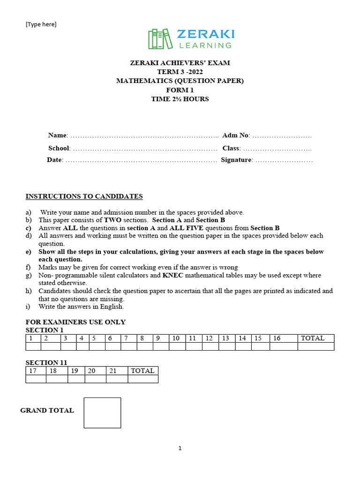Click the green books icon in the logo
point(159,39)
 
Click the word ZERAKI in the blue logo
point(205,34)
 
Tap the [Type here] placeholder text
point(41,24)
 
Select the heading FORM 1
point(180,90)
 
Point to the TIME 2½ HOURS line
point(180,99)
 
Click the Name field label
point(57,135)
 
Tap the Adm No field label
point(235,135)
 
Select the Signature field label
point(236,160)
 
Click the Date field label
point(54,160)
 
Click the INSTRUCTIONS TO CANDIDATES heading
point(84,196)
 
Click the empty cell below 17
point(36,379)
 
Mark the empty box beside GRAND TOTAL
point(102,412)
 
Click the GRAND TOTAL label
point(47,411)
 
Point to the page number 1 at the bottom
point(180,449)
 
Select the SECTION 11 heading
point(46,362)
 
